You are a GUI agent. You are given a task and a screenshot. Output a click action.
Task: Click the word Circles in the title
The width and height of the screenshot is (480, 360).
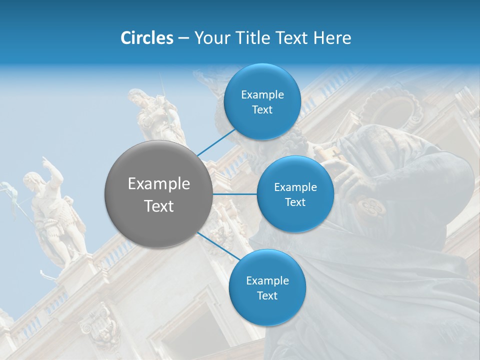click(x=147, y=38)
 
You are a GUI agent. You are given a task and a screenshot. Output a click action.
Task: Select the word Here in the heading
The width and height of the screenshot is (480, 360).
click(x=332, y=38)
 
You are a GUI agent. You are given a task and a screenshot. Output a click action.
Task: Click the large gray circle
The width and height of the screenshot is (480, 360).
click(x=158, y=194)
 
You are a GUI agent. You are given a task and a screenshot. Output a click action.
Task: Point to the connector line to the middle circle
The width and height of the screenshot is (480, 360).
click(x=234, y=194)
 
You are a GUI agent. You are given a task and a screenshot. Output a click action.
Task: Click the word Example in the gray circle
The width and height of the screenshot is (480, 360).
click(x=158, y=184)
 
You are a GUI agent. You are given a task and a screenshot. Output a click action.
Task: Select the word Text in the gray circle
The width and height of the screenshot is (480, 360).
click(x=158, y=205)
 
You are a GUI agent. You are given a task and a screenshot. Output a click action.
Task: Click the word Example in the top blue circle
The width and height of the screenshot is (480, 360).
click(x=262, y=94)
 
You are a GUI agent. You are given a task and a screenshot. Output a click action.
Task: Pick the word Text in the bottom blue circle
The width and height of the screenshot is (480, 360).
click(x=267, y=295)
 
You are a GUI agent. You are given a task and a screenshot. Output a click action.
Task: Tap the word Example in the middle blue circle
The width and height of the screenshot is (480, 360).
click(x=295, y=187)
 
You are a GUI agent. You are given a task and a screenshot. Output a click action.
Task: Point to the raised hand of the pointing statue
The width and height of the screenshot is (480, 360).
click(x=46, y=160)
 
